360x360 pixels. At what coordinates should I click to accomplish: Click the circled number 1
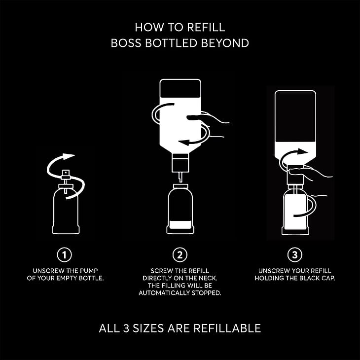coord(64,254)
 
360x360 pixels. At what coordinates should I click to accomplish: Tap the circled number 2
coord(180,254)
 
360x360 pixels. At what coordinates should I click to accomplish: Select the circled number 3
coord(295,254)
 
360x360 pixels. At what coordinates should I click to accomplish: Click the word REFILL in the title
coord(206,27)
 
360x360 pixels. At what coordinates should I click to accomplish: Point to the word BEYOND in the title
coord(225,43)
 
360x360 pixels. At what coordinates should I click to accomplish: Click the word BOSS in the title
coord(126,43)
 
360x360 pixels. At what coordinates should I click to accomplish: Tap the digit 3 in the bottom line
coord(126,328)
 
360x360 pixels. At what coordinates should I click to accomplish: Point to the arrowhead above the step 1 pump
coord(69,156)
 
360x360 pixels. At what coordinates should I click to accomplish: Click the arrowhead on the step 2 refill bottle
coord(184,143)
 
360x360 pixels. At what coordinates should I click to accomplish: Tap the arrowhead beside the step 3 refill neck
coord(303,151)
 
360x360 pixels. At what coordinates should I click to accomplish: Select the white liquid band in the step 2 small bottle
coord(180,224)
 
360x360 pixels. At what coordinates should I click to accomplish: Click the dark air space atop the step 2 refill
coord(180,89)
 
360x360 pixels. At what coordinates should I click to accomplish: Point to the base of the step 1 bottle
coord(66,230)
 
